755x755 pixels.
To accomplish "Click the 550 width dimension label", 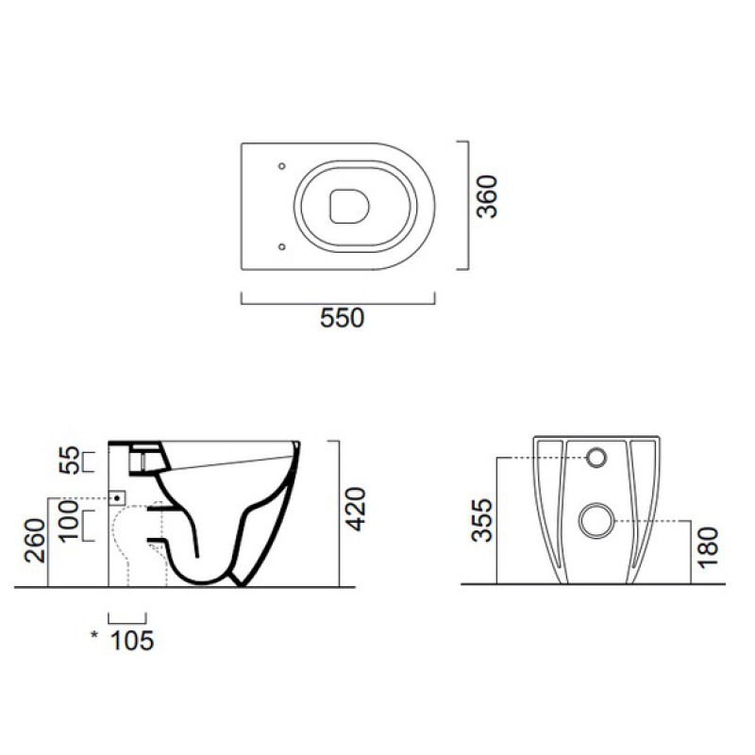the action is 342,318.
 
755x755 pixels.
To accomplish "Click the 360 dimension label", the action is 487,196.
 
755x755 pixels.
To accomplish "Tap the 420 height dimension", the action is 357,510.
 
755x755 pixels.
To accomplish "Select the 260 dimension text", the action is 35,540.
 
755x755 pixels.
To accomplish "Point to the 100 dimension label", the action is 68,522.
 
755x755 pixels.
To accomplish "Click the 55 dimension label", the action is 68,461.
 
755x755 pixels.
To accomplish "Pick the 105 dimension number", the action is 132,641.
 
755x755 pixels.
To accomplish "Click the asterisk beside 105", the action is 94,635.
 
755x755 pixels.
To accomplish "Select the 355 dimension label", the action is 482,521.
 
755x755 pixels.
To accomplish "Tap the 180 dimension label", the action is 709,548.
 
